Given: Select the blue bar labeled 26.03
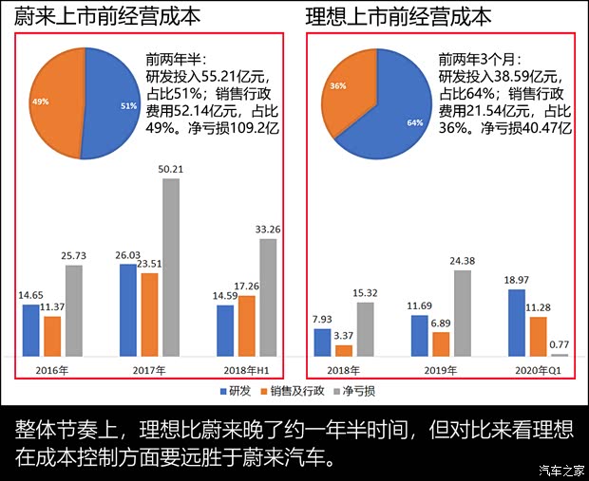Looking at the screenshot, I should pyautogui.click(x=128, y=310).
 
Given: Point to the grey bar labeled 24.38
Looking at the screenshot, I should pyautogui.click(x=463, y=313).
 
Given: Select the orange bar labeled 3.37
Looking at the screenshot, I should pyautogui.click(x=344, y=350).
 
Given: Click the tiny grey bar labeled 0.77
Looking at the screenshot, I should pyautogui.click(x=560, y=354).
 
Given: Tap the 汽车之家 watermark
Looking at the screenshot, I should pyautogui.click(x=559, y=469).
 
